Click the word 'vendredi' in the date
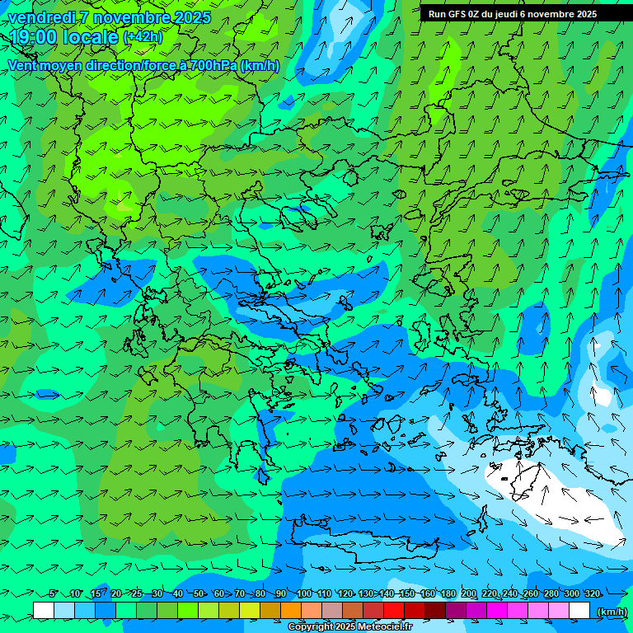pyautogui.click(x=40, y=17)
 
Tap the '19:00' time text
pyautogui.click(x=34, y=36)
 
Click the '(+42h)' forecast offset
pyautogui.click(x=143, y=37)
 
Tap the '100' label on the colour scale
pyautogui.click(x=304, y=593)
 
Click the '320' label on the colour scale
pyautogui.click(x=593, y=593)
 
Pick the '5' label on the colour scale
pyautogui.click(x=53, y=593)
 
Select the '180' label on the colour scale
pyautogui.click(x=448, y=593)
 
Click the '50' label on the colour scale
pyautogui.click(x=199, y=593)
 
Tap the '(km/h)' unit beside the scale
pyautogui.click(x=611, y=612)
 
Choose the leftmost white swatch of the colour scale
pyautogui.click(x=44, y=610)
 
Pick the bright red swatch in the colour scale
pyautogui.click(x=394, y=610)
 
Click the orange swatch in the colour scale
pyautogui.click(x=291, y=610)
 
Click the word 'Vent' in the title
pyautogui.click(x=22, y=65)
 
